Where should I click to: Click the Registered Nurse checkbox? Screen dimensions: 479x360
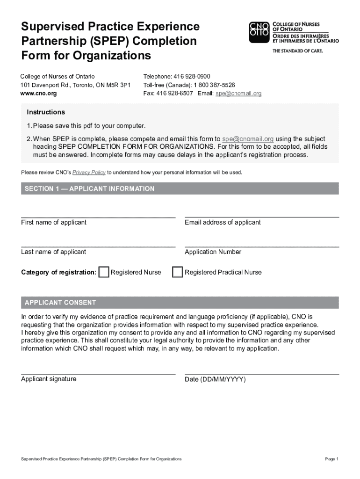104,272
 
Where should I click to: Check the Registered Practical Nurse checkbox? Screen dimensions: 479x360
177,272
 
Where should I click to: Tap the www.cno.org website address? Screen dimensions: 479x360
39,94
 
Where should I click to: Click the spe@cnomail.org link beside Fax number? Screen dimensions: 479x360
238,94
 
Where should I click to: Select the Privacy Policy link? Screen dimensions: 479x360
89,173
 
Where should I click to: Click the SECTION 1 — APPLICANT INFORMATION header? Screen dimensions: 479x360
89,189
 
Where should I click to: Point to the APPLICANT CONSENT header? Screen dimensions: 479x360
60,303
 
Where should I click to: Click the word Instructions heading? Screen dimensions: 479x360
46,112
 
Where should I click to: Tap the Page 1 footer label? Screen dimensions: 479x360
331,459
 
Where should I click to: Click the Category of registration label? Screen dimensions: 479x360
58,272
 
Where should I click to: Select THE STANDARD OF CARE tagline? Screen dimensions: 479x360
297,51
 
